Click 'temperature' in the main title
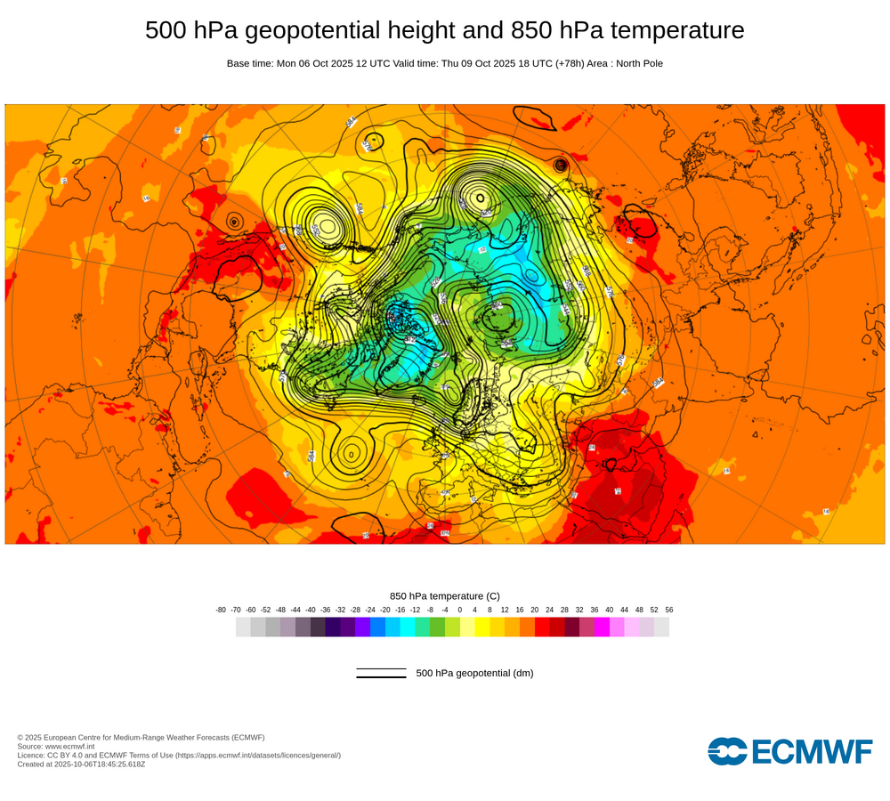pyautogui.click(x=681, y=31)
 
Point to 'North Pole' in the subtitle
pyautogui.click(x=635, y=64)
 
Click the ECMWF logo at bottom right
pyautogui.click(x=789, y=751)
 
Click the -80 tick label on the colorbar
pyautogui.click(x=221, y=610)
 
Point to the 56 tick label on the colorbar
pyautogui.click(x=668, y=610)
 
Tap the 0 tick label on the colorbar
pyautogui.click(x=460, y=610)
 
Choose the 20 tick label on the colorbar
pyautogui.click(x=534, y=610)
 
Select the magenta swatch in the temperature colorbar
pyautogui.click(x=602, y=627)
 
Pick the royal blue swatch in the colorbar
pyautogui.click(x=377, y=627)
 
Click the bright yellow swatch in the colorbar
pyautogui.click(x=481, y=627)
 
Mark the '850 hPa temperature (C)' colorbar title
pyautogui.click(x=445, y=595)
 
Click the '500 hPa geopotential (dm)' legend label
pyautogui.click(x=474, y=673)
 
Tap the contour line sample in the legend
pyautogui.click(x=381, y=673)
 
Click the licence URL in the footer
pyautogui.click(x=257, y=755)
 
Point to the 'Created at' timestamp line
pyautogui.click(x=81, y=764)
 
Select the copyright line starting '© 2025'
pyautogui.click(x=141, y=737)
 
